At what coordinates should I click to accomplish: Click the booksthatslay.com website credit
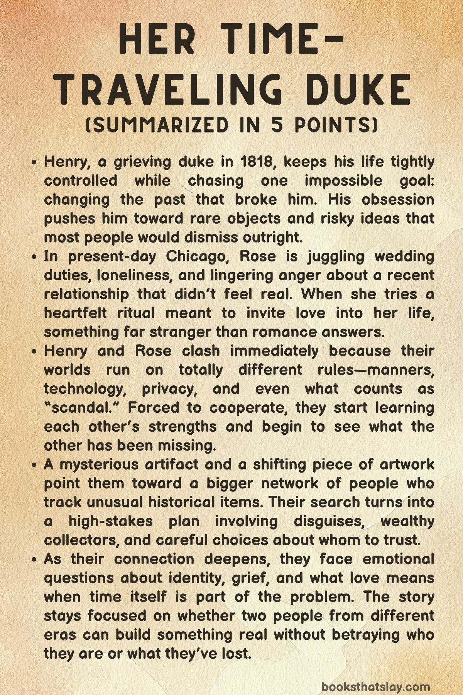pos(375,676)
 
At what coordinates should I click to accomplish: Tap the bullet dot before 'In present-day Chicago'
pos(35,257)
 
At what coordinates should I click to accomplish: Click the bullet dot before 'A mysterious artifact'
pos(35,464)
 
